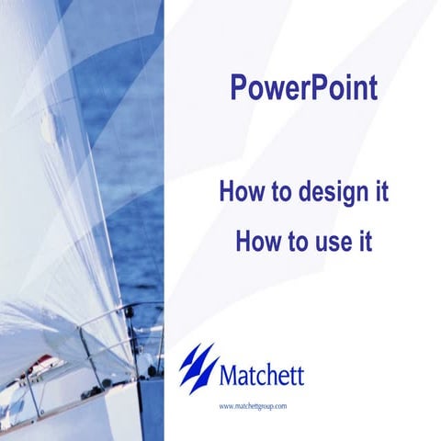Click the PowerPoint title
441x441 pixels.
click(302, 90)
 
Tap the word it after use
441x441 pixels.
click(364, 243)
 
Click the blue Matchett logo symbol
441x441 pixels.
click(198, 367)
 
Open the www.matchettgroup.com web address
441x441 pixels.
click(254, 405)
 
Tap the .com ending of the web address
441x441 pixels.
click(280, 405)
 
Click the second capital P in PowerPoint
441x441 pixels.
click(317, 90)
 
